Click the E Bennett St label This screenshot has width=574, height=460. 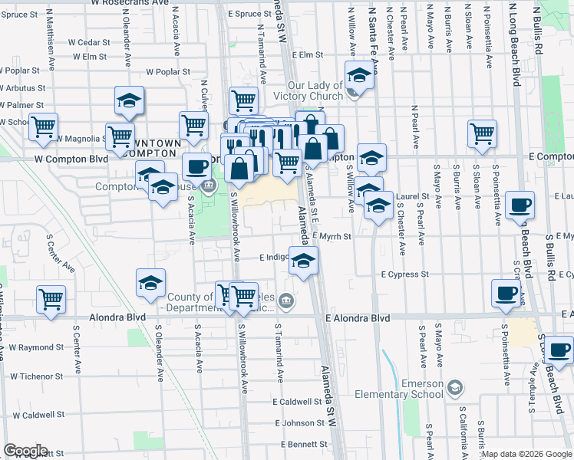coord(303,445)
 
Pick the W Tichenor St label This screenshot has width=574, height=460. coord(36,376)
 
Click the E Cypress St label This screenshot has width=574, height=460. coord(405,274)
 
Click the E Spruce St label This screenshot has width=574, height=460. coord(249,15)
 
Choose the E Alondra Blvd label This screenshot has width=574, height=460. coord(358,318)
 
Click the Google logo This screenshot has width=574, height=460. coord(26,451)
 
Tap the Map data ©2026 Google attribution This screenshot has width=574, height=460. coord(526,454)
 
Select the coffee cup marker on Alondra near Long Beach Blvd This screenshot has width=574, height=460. coord(507,292)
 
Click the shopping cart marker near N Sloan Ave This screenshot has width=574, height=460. coord(482,133)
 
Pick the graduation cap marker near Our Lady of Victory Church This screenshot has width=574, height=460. coord(358,76)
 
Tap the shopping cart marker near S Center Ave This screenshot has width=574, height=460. coord(51,298)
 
